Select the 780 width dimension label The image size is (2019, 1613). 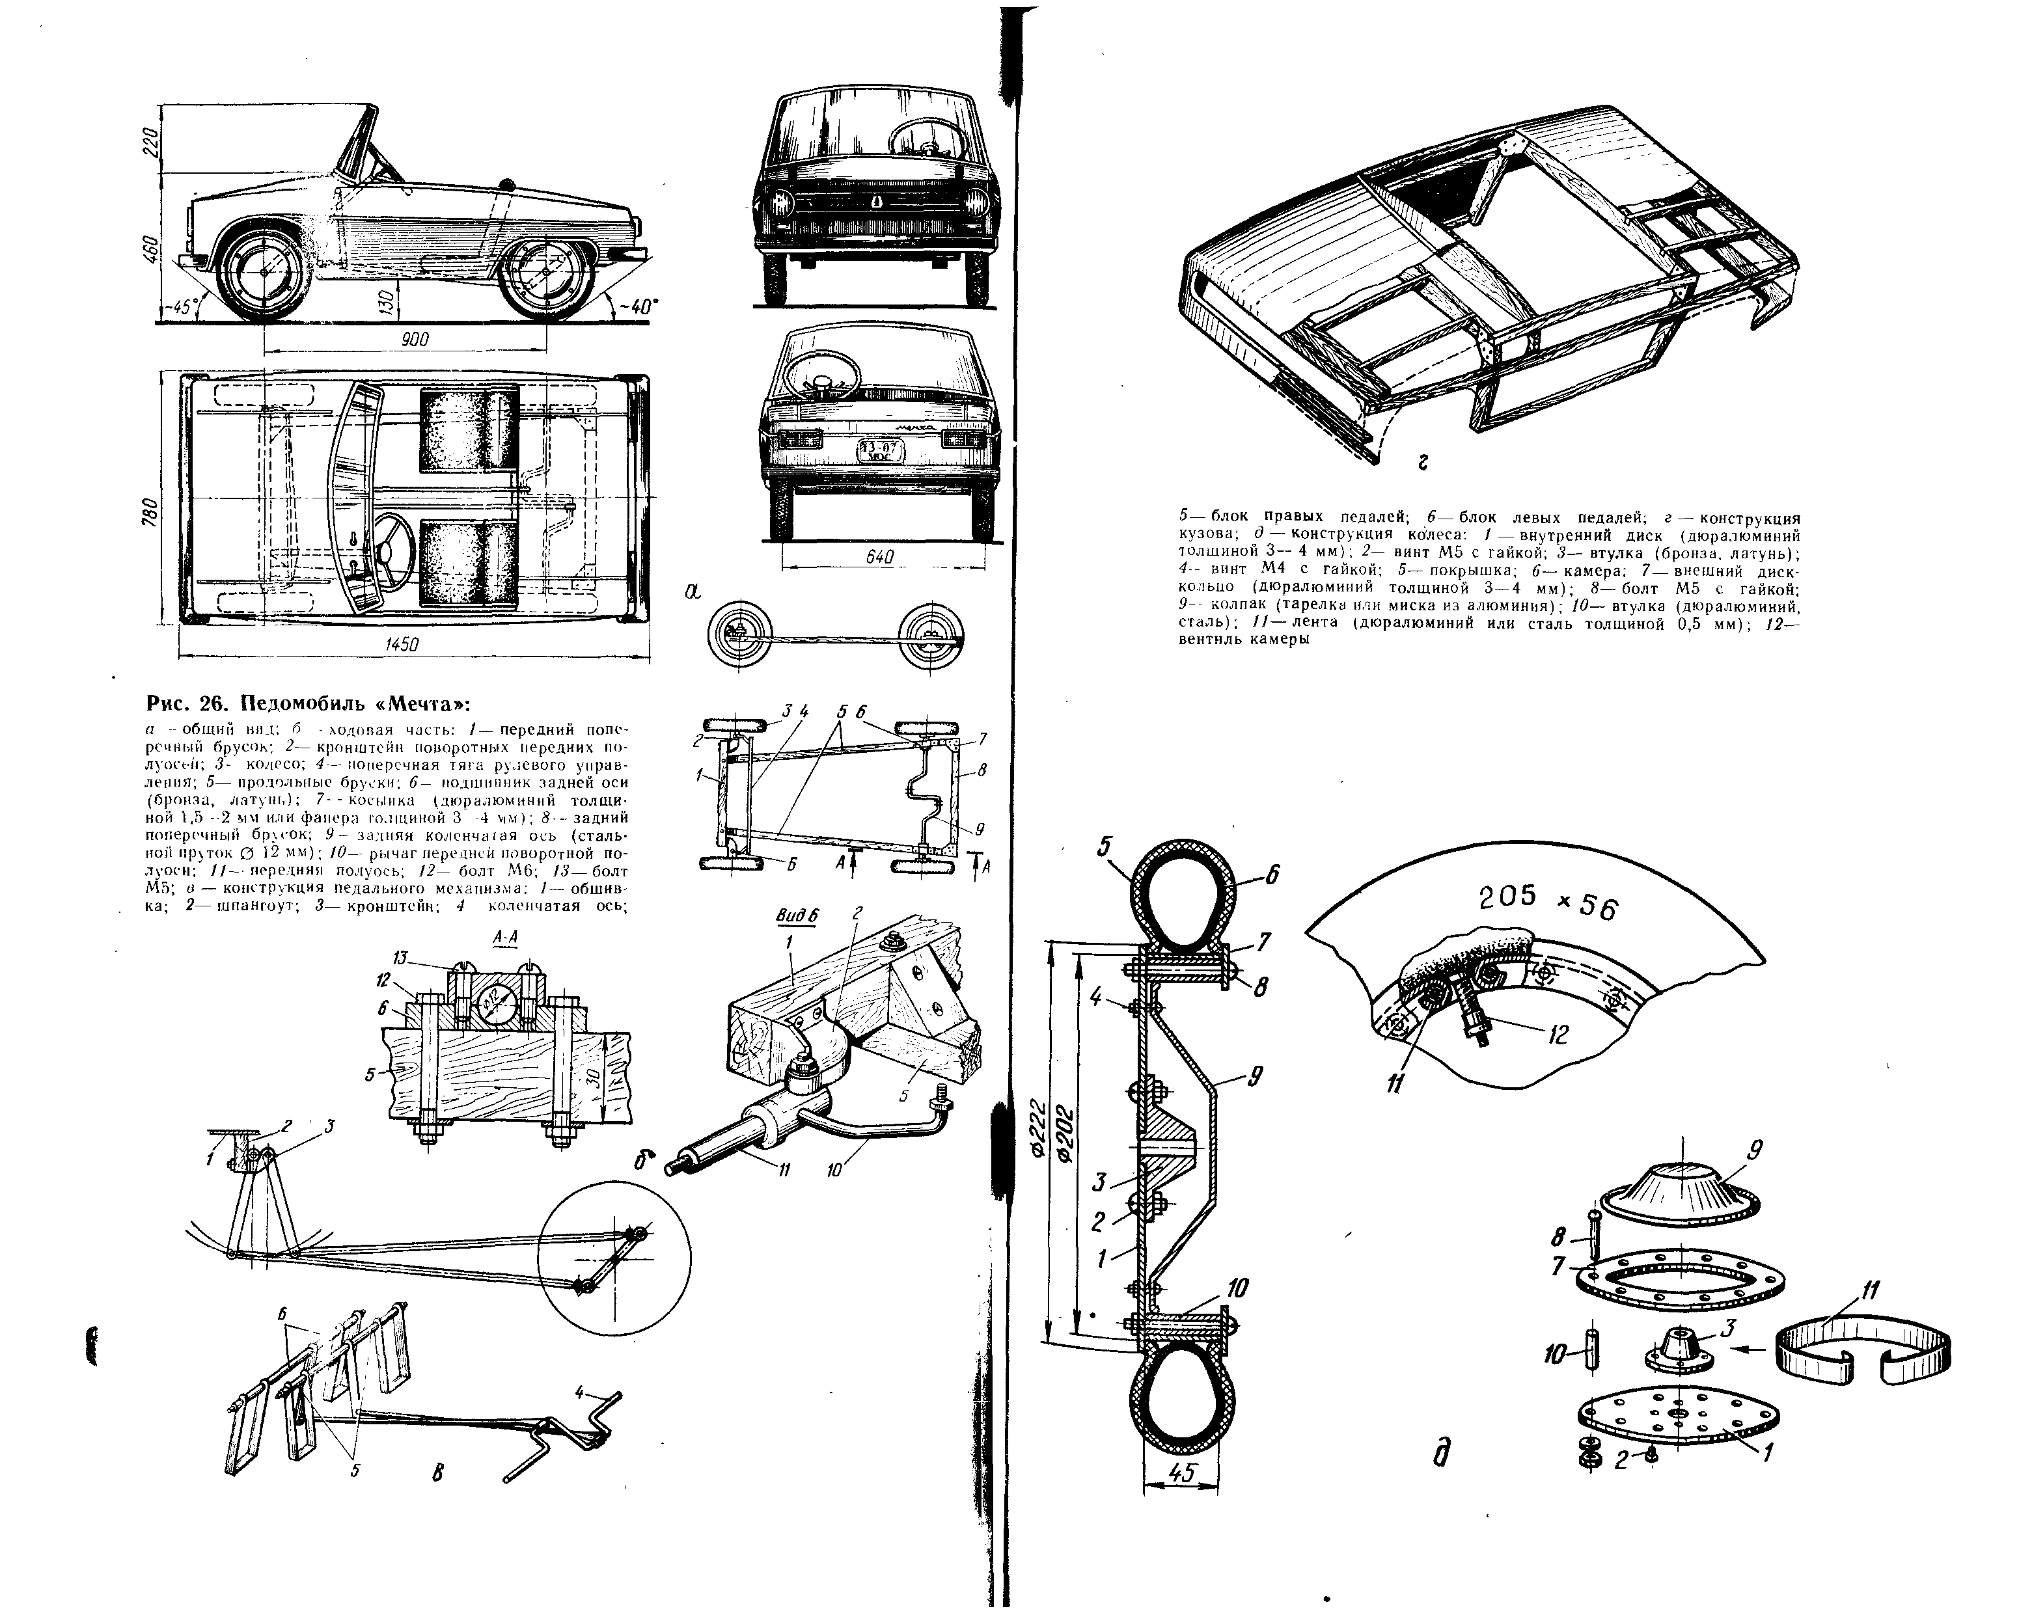tap(150, 513)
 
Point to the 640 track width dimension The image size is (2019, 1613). tap(879, 557)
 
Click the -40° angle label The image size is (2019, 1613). tap(639, 305)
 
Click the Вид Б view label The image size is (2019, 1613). tap(798, 917)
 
